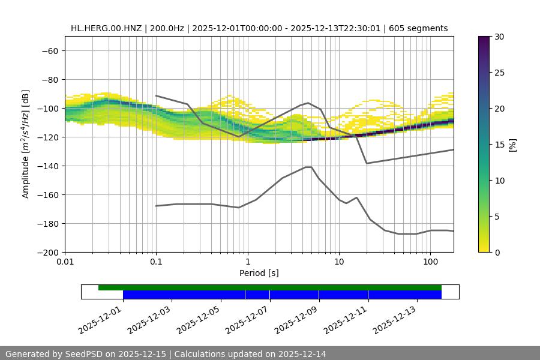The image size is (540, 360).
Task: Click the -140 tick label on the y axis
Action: coord(47,166)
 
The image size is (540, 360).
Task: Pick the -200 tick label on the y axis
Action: coord(47,252)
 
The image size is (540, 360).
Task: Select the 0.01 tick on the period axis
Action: coord(65,262)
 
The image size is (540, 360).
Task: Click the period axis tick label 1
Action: coord(247,262)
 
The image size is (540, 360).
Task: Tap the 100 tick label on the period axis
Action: coord(430,262)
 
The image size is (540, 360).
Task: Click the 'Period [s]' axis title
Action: coord(259,273)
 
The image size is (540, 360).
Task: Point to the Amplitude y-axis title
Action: coord(26,144)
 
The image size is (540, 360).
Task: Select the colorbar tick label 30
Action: coord(499,37)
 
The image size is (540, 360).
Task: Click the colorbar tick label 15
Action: coord(499,145)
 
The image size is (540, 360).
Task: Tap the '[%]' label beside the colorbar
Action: coord(512,145)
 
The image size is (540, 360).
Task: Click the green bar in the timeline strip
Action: coord(270,287)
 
